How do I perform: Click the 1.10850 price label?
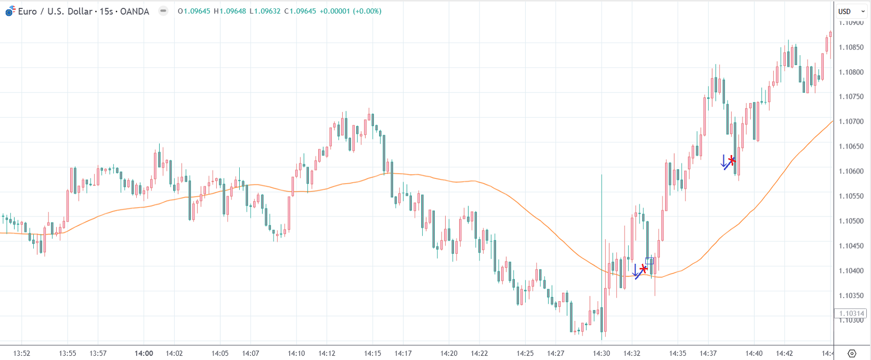pyautogui.click(x=852, y=47)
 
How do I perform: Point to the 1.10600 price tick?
pyautogui.click(x=852, y=171)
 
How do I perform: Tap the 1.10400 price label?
pyautogui.click(x=852, y=271)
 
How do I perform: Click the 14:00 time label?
pyautogui.click(x=144, y=353)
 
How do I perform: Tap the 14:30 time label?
pyautogui.click(x=602, y=353)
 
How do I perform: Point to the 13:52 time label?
pyautogui.click(x=21, y=353)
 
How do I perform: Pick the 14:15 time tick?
pyautogui.click(x=372, y=353)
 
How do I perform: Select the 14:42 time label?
pyautogui.click(x=785, y=353)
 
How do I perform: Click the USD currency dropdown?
pyautogui.click(x=851, y=11)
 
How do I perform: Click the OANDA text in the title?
pyautogui.click(x=135, y=11)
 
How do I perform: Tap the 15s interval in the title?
pyautogui.click(x=106, y=11)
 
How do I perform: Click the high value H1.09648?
pyautogui.click(x=230, y=11)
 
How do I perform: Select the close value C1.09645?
pyautogui.click(x=300, y=11)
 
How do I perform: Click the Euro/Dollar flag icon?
pyautogui.click(x=10, y=11)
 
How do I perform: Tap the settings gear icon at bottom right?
pyautogui.click(x=852, y=353)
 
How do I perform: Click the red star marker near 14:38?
pyautogui.click(x=732, y=160)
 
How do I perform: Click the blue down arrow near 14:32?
pyautogui.click(x=635, y=270)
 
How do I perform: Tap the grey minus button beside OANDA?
pyautogui.click(x=163, y=11)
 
